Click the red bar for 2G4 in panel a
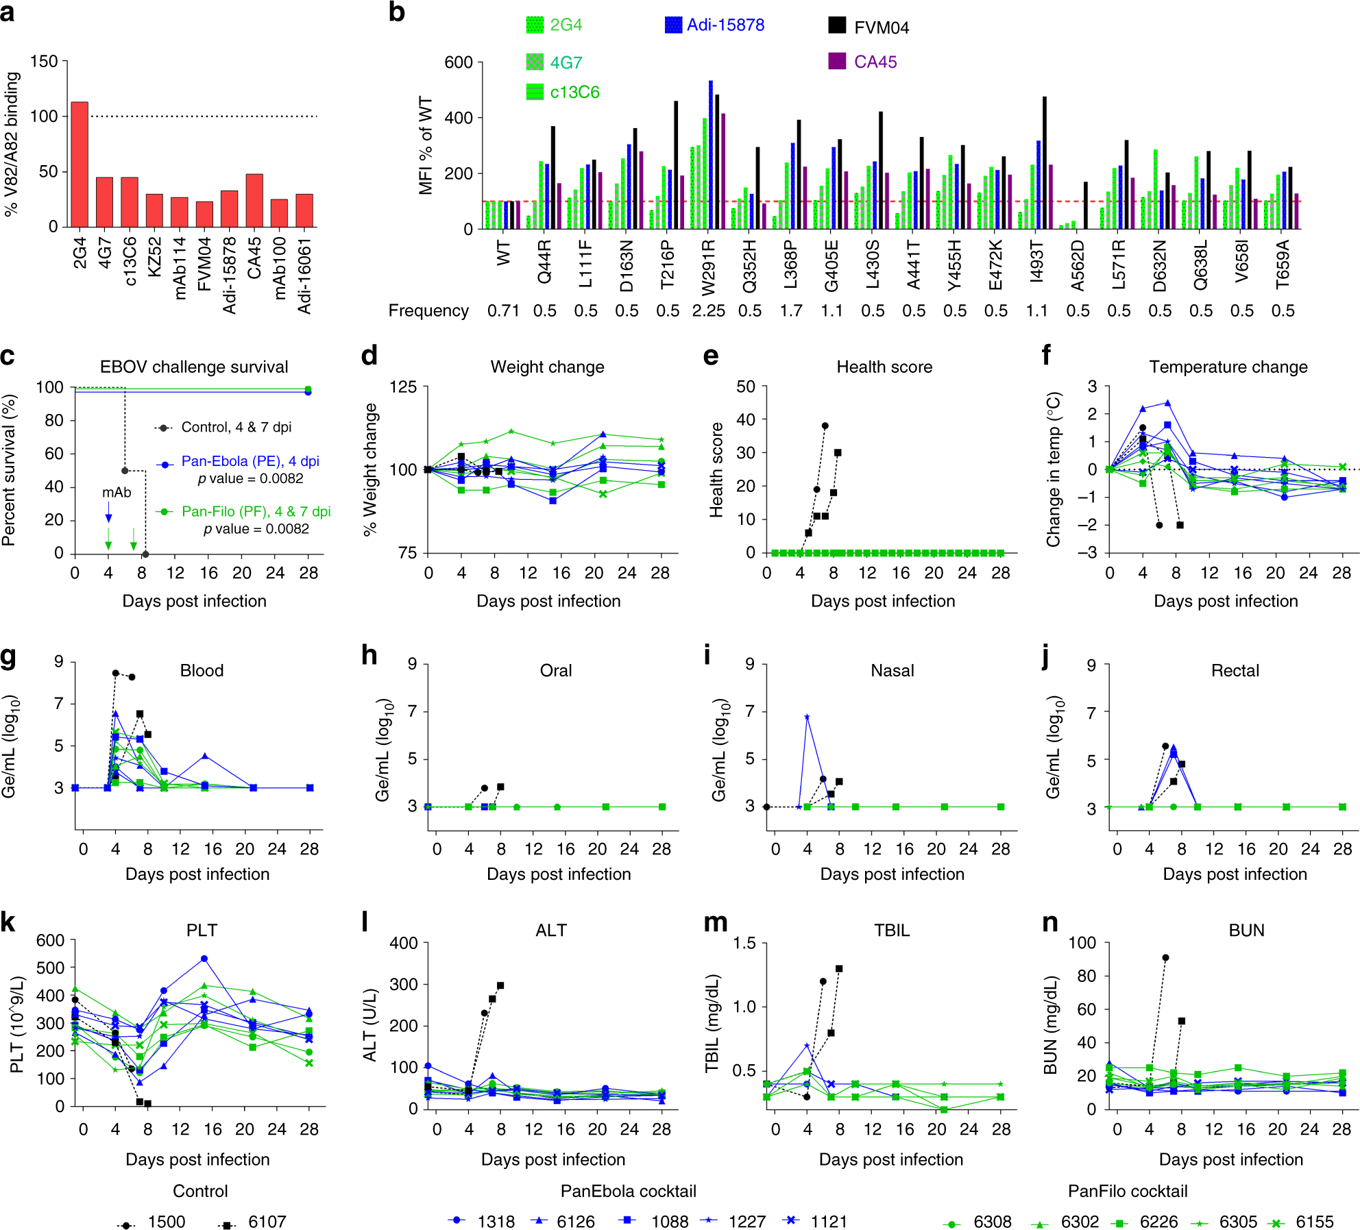80,164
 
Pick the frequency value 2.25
708,311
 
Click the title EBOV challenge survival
194,367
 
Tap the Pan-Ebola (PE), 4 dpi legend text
250,461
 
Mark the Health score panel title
884,367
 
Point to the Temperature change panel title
1228,367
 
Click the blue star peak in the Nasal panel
807,717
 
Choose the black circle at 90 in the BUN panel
1165,958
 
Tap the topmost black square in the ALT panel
500,985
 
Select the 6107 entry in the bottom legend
267,1222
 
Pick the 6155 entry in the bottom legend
1314,1222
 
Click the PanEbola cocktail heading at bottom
628,1191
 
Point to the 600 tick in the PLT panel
50,941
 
